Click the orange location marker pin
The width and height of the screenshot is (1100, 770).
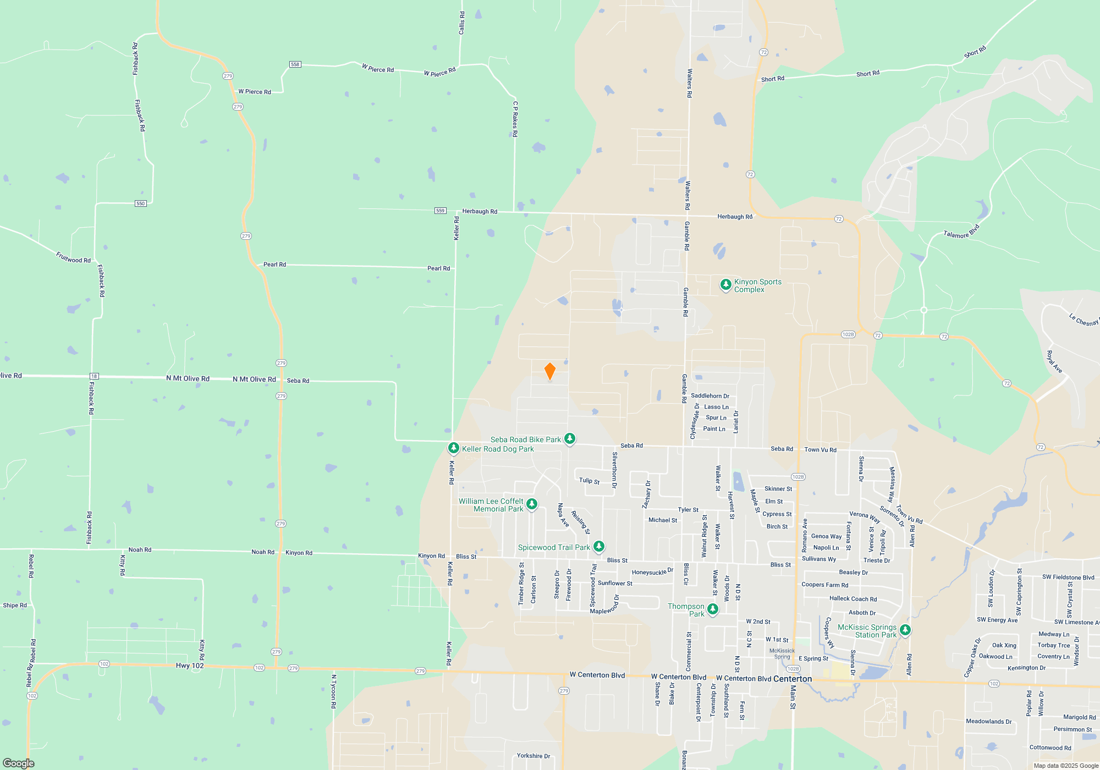pyautogui.click(x=549, y=371)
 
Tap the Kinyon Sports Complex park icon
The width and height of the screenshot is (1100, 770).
pyautogui.click(x=725, y=284)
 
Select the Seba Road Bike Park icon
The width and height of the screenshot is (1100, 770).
pyautogui.click(x=570, y=438)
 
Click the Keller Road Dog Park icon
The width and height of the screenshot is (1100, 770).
pyautogui.click(x=453, y=448)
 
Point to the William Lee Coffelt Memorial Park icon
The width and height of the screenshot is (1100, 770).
pyautogui.click(x=531, y=504)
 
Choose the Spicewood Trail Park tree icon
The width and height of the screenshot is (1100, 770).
pyautogui.click(x=599, y=547)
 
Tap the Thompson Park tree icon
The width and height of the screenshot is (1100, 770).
pyautogui.click(x=712, y=609)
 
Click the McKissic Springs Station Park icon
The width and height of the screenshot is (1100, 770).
pyautogui.click(x=905, y=630)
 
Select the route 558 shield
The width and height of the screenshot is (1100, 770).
pyautogui.click(x=295, y=64)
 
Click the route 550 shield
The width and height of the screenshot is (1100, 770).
pyautogui.click(x=141, y=204)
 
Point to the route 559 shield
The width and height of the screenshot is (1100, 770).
pyautogui.click(x=440, y=211)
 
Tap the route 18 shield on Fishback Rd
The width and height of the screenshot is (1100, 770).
pyautogui.click(x=94, y=376)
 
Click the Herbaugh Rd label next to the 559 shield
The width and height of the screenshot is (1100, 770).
pyautogui.click(x=480, y=211)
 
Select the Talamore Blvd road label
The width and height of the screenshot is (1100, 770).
pyautogui.click(x=961, y=232)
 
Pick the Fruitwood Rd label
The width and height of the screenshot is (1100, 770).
pyautogui.click(x=73, y=257)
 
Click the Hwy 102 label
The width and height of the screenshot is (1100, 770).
pyautogui.click(x=190, y=665)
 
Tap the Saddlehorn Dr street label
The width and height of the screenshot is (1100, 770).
pyautogui.click(x=710, y=396)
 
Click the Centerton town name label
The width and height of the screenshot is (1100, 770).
pyautogui.click(x=793, y=679)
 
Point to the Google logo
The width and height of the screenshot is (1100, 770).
pyautogui.click(x=19, y=763)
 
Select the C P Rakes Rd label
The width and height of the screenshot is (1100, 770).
pyautogui.click(x=515, y=119)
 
